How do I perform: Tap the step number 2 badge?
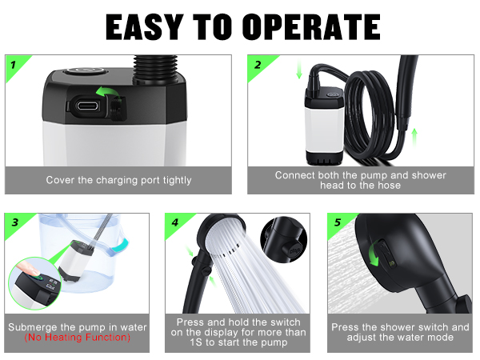(257, 64)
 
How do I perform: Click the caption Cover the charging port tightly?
(118, 180)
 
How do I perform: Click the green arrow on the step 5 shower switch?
(375, 256)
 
